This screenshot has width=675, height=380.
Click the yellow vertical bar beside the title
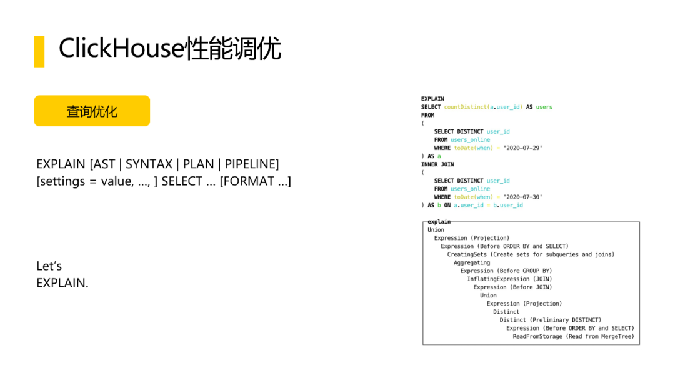pos(39,51)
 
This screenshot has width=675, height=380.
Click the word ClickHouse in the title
pos(122,49)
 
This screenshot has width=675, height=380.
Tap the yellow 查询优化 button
pos(92,111)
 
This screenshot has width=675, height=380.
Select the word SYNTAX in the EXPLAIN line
pos(149,164)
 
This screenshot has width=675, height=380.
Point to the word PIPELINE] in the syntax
pos(252,164)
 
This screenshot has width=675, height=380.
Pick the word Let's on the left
pos(49,266)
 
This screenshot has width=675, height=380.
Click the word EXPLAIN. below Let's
pos(62,282)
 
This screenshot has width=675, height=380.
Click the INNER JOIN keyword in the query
pos(437,164)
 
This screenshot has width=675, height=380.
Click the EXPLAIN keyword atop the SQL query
pos(432,99)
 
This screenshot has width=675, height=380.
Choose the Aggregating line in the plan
pos(472,262)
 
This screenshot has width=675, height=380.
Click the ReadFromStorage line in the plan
pos(573,336)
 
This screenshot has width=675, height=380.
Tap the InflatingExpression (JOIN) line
pos(509,279)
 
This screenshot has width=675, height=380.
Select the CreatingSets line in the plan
pos(531,254)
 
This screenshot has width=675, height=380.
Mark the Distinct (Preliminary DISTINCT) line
pos(550,320)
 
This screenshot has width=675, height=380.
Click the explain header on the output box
pos(439,222)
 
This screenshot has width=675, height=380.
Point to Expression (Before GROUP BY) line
pos(506,271)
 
